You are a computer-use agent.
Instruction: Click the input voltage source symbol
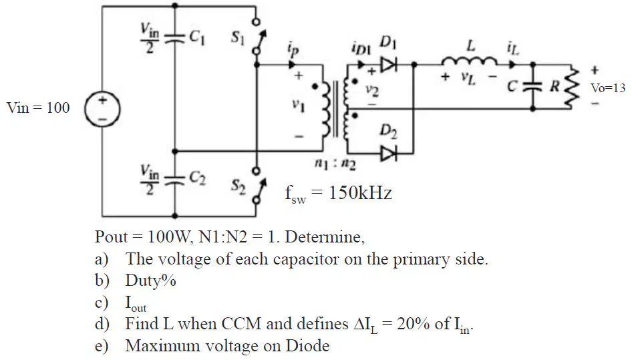(x=102, y=109)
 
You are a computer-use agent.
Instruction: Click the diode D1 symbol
(x=388, y=64)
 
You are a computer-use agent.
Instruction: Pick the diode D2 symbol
(x=388, y=154)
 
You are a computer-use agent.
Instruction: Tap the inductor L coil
(x=469, y=61)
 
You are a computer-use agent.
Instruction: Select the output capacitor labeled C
(x=532, y=86)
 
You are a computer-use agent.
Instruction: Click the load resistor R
(x=573, y=87)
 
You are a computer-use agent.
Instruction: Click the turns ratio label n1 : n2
(x=335, y=164)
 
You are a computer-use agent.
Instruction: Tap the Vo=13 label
(x=608, y=88)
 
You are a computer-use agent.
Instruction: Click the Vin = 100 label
(x=38, y=108)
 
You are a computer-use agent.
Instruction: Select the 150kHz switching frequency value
(x=360, y=192)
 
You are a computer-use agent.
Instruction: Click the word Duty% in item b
(x=150, y=281)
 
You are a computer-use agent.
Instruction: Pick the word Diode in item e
(x=307, y=345)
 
